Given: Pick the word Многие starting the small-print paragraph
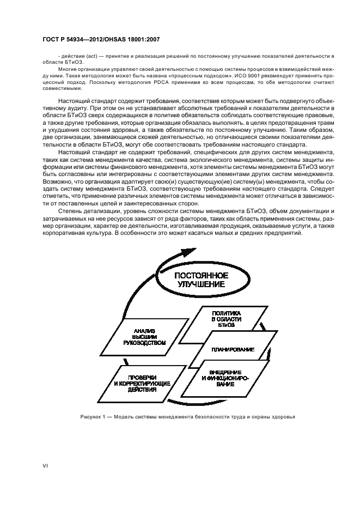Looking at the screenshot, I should point(66,70).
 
